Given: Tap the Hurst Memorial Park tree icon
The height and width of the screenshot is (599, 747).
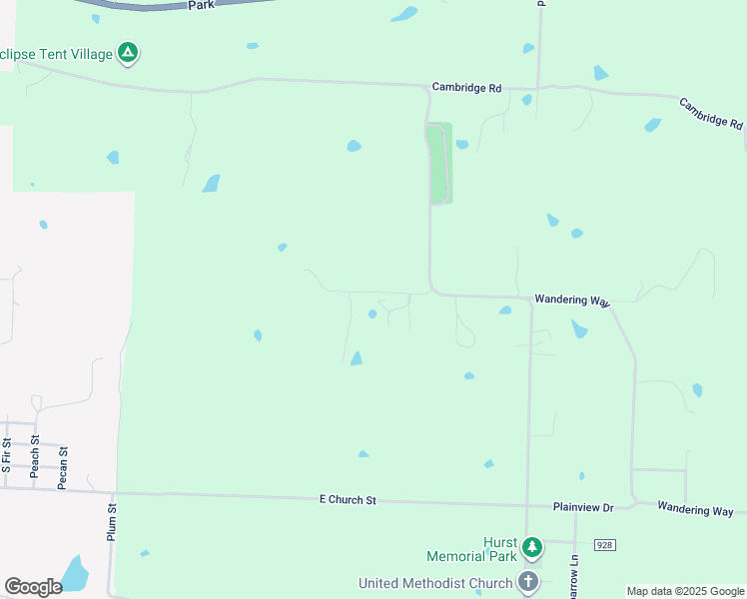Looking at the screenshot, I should (x=532, y=546).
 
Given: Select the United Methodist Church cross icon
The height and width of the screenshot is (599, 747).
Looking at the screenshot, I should (x=528, y=582).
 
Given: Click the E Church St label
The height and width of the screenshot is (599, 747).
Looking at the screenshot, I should (x=348, y=499).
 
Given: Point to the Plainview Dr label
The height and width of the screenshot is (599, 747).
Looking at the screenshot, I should (x=583, y=507).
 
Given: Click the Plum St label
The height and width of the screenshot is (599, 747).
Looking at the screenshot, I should (x=112, y=522).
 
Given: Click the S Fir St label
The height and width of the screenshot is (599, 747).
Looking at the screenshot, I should (x=6, y=455).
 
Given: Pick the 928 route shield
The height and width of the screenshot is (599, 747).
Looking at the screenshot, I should (x=604, y=544).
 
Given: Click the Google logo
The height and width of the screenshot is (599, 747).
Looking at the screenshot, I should (x=33, y=587).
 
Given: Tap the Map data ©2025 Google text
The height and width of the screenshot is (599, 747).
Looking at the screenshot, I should (x=685, y=591).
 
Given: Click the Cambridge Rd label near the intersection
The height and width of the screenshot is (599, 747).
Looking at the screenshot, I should (x=466, y=88).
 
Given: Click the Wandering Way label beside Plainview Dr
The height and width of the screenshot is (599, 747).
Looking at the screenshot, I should (x=695, y=509).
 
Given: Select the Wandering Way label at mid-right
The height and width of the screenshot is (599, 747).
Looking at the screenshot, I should (x=571, y=299).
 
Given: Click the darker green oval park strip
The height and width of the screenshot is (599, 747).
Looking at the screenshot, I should (x=439, y=164).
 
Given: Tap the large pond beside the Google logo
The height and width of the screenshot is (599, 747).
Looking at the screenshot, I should (x=75, y=573).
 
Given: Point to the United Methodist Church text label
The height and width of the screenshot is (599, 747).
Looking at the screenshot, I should (x=435, y=583).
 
